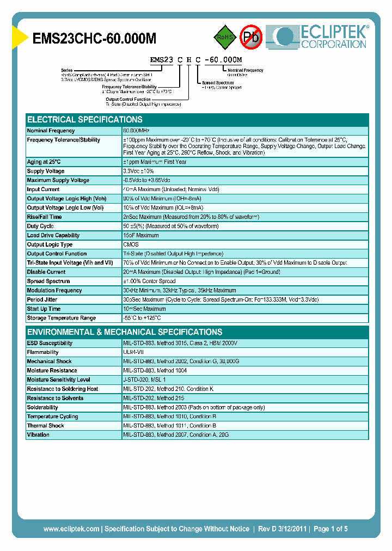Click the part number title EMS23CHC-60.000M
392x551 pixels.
pos(95,39)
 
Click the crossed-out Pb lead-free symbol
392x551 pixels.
pos(252,37)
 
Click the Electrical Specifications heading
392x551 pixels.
pos(85,119)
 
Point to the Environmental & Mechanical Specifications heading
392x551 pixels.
pos(125,332)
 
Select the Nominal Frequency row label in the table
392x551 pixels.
pos(51,131)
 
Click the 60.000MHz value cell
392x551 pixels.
pos(136,131)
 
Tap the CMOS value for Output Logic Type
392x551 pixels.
pos(131,244)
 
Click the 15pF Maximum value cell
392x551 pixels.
pos(141,235)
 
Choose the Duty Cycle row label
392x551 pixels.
pos(40,226)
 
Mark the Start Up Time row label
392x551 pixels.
pos(44,309)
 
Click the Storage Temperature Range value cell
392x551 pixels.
pos(142,318)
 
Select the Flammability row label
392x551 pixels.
pos(43,352)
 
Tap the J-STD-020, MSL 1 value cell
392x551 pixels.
pos(144,379)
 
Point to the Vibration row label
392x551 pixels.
pos(38,434)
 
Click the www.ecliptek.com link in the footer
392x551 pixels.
pos(71,529)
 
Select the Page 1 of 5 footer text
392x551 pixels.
pos(330,529)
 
